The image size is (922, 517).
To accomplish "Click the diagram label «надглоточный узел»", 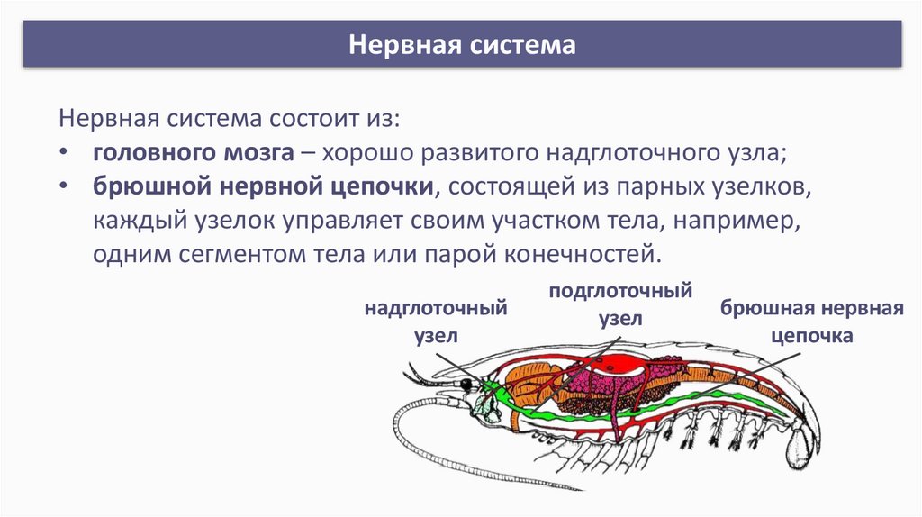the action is pyautogui.click(x=437, y=322).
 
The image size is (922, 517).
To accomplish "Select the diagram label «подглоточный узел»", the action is pyautogui.click(x=620, y=305).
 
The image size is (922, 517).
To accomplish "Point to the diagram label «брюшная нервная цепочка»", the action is pyautogui.click(x=811, y=322).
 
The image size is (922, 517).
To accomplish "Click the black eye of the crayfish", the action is pyautogui.click(x=466, y=384).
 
